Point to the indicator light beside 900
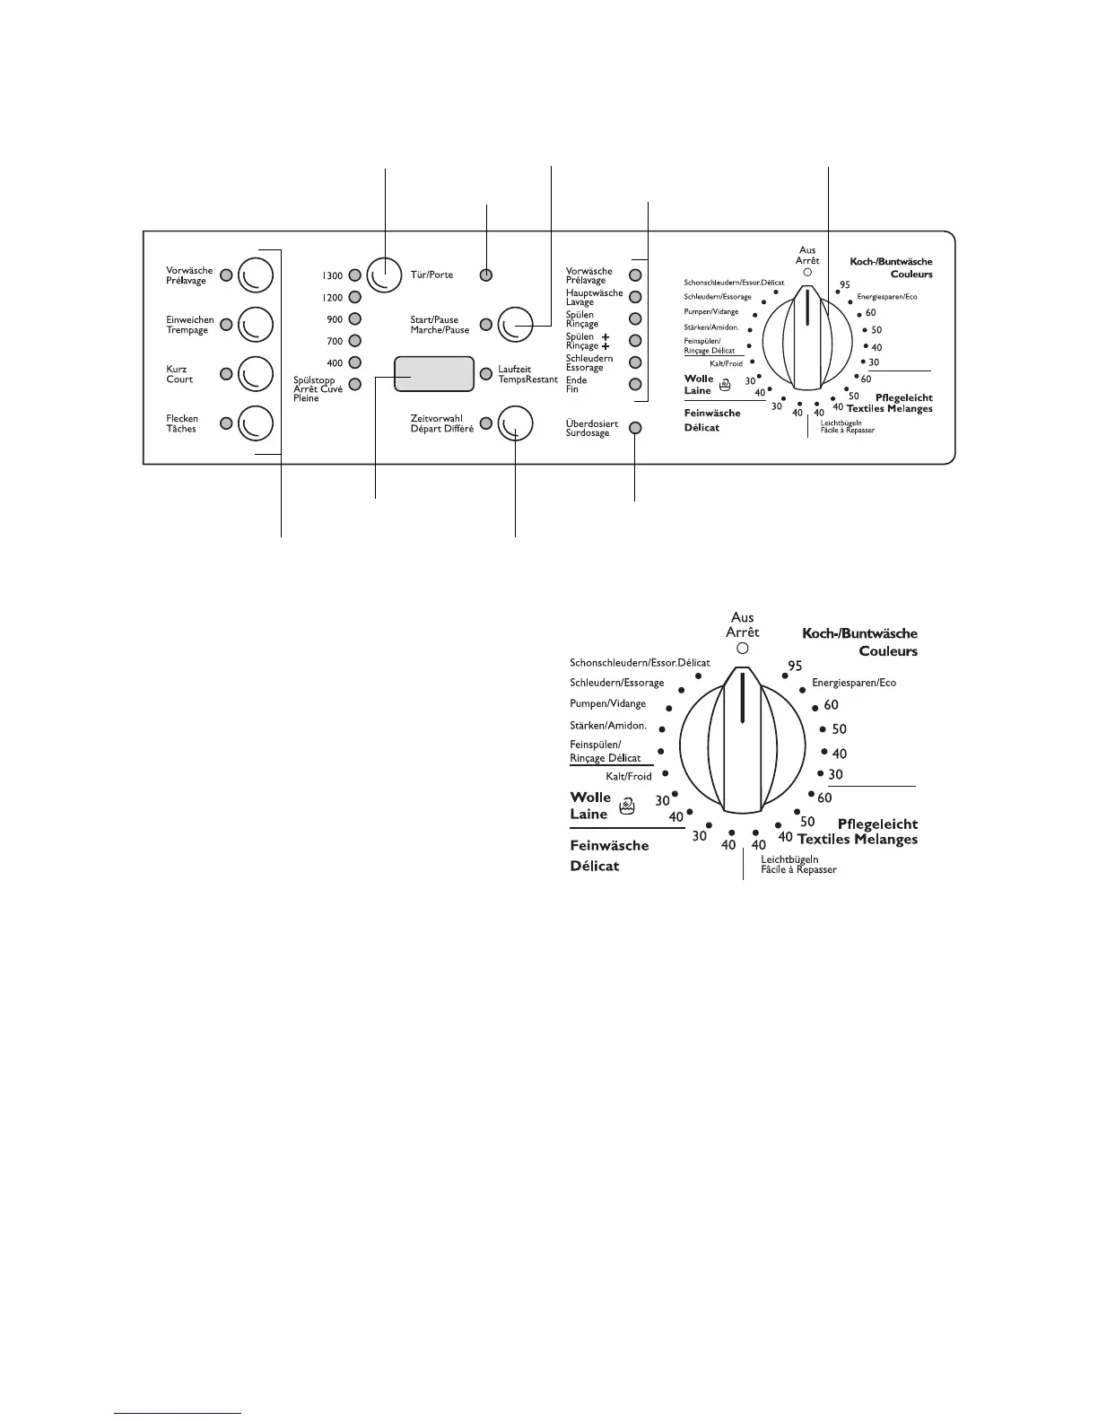pyautogui.click(x=354, y=318)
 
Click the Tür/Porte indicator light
pyautogui.click(x=485, y=275)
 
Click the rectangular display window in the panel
pyautogui.click(x=433, y=373)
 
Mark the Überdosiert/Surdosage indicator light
pyautogui.click(x=635, y=428)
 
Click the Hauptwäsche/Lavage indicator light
pyautogui.click(x=635, y=297)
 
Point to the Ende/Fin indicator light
pyautogui.click(x=635, y=385)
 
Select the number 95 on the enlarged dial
pyautogui.click(x=794, y=666)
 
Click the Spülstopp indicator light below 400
pyautogui.click(x=354, y=385)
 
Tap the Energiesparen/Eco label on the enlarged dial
pyautogui.click(x=854, y=683)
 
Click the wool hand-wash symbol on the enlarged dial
pyautogui.click(x=627, y=806)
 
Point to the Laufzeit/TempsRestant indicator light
pyautogui.click(x=485, y=373)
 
